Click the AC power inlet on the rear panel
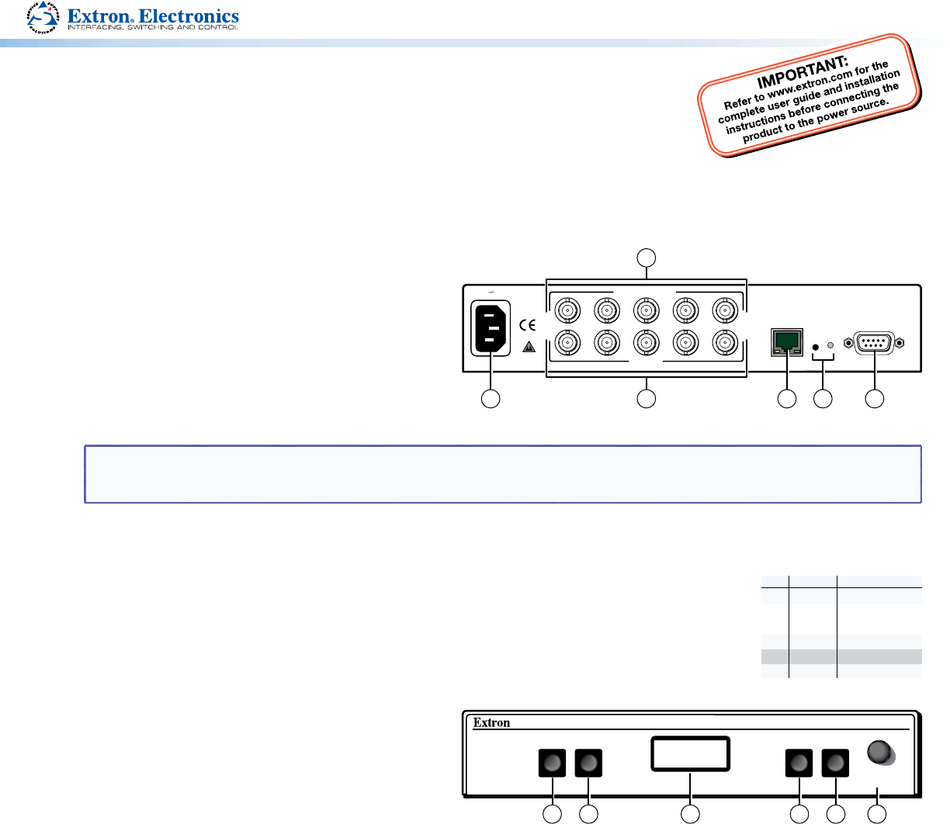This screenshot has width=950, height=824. tap(491, 329)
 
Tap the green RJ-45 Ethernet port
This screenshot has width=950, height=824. tap(787, 342)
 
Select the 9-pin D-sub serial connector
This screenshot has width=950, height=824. tap(875, 342)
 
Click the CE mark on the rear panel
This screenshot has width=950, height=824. tap(527, 324)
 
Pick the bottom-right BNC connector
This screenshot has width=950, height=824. tap(724, 341)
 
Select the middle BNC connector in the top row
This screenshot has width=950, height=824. tap(646, 311)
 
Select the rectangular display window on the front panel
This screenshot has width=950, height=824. tap(690, 754)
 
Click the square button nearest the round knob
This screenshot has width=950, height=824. tap(835, 763)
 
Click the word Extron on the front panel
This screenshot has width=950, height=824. tap(492, 723)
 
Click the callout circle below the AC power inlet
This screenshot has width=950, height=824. tap(490, 399)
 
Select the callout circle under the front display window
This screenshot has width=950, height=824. tap(690, 814)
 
